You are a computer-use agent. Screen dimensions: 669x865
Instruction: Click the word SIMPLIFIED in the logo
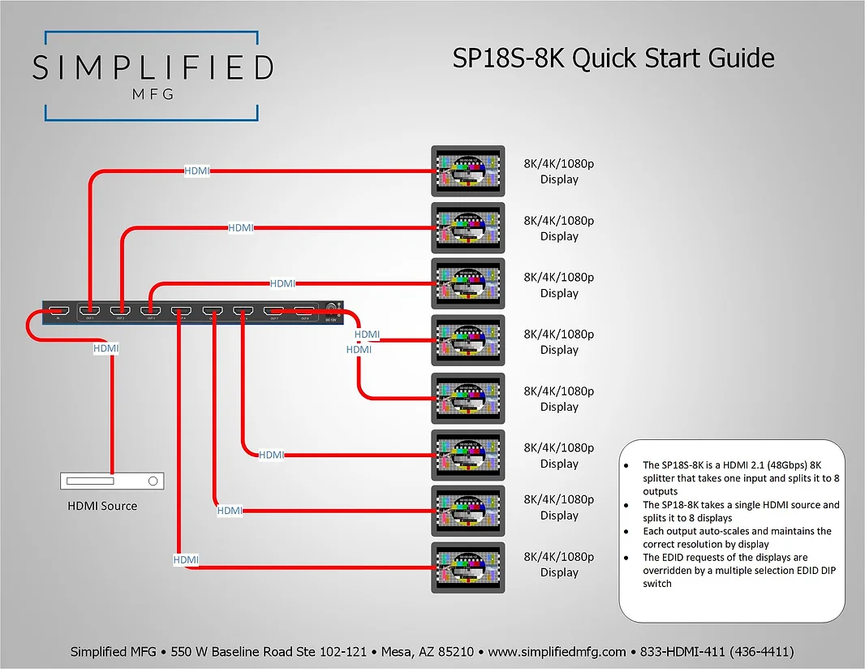coord(153,68)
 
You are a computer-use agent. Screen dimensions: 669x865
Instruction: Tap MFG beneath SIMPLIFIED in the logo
coord(153,93)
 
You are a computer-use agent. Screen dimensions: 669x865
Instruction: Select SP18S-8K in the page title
coord(508,58)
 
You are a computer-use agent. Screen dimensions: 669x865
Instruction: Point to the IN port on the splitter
coord(58,310)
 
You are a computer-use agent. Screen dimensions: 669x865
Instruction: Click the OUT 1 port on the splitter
coord(89,310)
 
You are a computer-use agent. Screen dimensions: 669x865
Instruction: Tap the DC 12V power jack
coord(331,309)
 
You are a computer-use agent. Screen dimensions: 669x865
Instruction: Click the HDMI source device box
coord(112,481)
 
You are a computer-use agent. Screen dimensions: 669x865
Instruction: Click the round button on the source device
coord(152,481)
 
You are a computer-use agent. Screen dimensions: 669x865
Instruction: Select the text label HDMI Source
coord(102,506)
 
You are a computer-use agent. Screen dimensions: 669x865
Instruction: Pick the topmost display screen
coord(468,171)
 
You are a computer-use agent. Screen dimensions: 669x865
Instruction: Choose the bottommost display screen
coord(468,568)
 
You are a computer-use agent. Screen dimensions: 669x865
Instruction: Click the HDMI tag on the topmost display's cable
coord(197,170)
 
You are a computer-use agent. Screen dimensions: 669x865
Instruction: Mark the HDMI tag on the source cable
coord(106,348)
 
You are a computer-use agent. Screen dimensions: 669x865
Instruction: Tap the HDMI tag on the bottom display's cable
coord(186,559)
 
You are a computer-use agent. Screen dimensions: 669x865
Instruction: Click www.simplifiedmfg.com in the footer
coord(557,651)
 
